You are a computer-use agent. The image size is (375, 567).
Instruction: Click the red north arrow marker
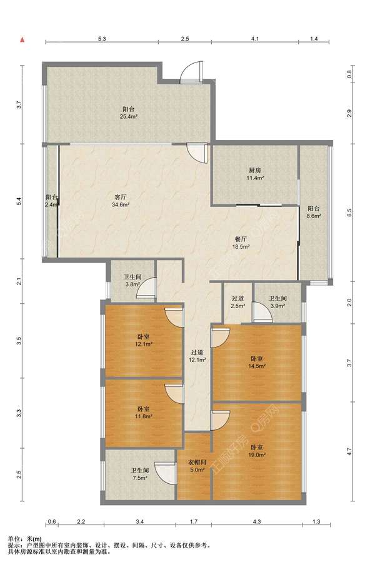click(x=22, y=39)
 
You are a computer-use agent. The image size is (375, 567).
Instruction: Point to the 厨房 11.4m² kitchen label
click(x=255, y=174)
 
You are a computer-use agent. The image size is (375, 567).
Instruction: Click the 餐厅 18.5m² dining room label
click(x=241, y=243)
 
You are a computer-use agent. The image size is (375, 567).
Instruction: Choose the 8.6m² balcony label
click(x=314, y=213)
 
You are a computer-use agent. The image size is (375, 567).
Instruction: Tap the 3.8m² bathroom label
click(x=132, y=281)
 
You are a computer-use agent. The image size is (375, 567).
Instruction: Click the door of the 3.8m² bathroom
click(x=146, y=288)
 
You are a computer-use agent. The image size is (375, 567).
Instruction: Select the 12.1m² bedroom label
click(x=144, y=340)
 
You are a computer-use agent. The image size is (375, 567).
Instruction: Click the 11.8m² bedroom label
click(x=144, y=413)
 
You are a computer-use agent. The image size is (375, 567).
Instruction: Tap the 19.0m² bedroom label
click(x=257, y=451)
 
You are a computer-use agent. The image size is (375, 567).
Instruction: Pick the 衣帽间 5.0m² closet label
click(x=197, y=466)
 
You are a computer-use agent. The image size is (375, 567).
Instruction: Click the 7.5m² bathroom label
click(x=139, y=474)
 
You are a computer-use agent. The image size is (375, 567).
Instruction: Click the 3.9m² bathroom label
click(x=277, y=302)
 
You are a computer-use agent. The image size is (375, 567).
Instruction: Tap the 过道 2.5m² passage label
click(x=238, y=302)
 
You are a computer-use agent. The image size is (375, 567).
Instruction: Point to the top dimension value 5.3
click(x=102, y=39)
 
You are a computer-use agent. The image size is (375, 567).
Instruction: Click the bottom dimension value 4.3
click(x=257, y=521)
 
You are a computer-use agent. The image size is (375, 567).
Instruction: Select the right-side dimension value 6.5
click(x=349, y=213)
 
